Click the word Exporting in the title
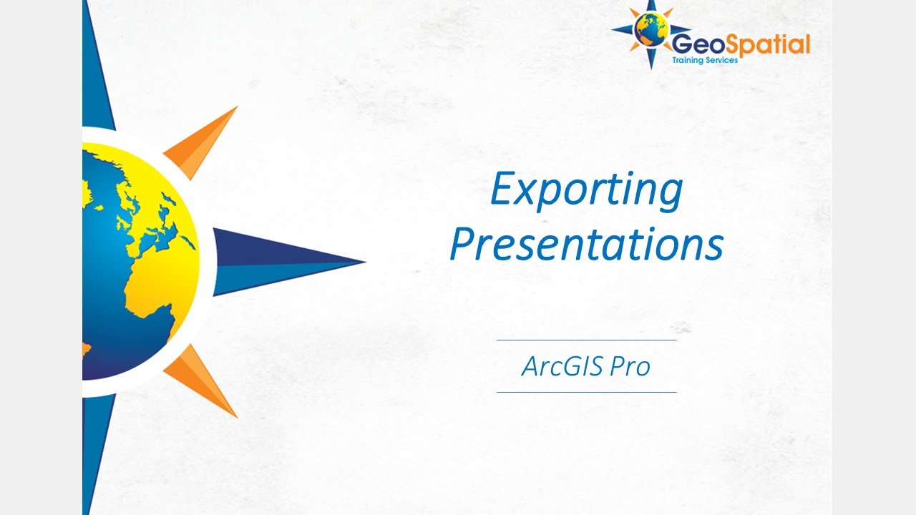(586, 191)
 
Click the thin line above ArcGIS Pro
(586, 340)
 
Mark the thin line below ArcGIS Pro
(586, 392)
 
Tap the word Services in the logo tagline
(723, 61)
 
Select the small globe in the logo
(651, 30)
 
